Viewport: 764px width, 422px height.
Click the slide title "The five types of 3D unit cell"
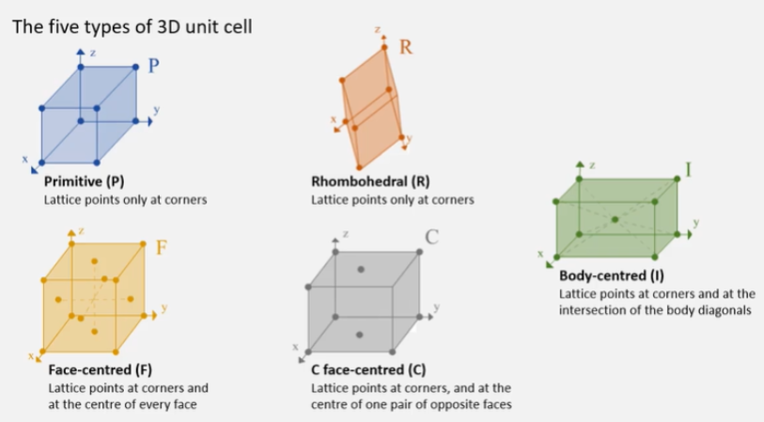(x=131, y=24)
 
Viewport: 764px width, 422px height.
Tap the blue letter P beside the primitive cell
(x=155, y=66)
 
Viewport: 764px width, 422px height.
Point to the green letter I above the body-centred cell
(x=688, y=169)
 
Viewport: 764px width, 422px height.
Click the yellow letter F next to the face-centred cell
(x=161, y=248)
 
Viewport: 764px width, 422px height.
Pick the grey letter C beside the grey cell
(x=432, y=237)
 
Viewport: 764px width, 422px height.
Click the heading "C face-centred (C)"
(x=368, y=369)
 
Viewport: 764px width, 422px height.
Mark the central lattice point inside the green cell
(x=615, y=219)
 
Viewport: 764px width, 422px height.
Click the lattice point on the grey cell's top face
(x=361, y=270)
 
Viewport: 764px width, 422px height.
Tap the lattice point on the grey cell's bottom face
(x=361, y=335)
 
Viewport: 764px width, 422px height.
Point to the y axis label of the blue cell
(x=156, y=110)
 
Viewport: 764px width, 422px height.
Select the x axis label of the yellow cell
(x=31, y=355)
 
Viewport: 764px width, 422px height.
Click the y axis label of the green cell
(x=696, y=222)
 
